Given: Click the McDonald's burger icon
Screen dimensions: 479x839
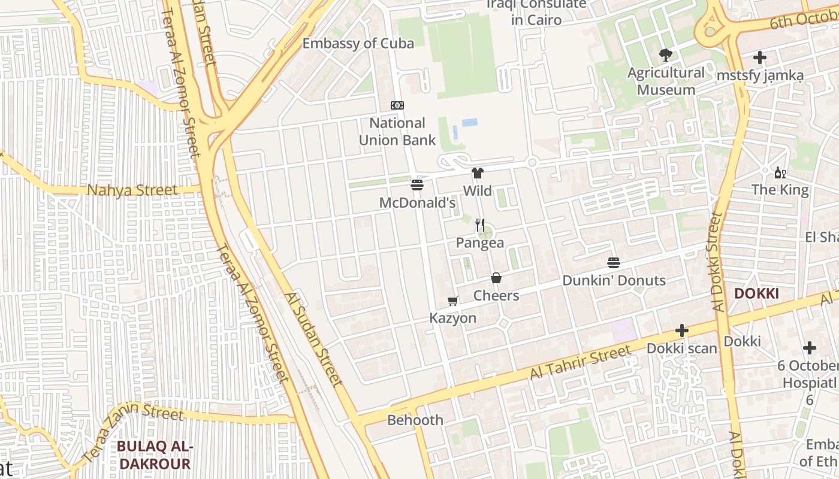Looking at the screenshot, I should (x=417, y=184).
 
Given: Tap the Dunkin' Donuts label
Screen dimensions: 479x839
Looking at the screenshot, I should (x=614, y=280).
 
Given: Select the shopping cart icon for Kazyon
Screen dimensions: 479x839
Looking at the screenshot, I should (x=453, y=301).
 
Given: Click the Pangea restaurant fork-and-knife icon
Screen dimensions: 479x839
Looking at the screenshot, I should (x=480, y=225).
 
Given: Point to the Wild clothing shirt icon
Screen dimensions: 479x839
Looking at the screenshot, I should (x=477, y=174).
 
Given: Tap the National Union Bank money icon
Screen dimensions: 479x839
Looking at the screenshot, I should (x=397, y=105).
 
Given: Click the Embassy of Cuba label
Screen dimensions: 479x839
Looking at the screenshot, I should (x=358, y=43).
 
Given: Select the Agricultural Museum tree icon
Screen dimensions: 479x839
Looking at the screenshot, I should (x=665, y=56).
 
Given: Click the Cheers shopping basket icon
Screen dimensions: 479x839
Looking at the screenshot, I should (x=496, y=278).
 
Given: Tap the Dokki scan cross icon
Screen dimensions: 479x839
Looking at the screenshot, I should (x=681, y=331).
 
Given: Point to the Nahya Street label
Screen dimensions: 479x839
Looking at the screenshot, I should (x=132, y=190).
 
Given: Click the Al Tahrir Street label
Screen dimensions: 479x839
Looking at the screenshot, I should (x=580, y=362).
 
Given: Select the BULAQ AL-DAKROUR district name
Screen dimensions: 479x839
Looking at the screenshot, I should (x=154, y=454).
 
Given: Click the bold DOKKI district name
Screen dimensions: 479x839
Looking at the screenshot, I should (x=756, y=293).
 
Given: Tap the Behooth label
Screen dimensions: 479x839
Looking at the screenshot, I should (x=415, y=420).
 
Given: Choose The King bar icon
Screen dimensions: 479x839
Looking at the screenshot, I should (x=780, y=173).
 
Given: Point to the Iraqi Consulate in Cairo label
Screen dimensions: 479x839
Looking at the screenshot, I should (x=536, y=12).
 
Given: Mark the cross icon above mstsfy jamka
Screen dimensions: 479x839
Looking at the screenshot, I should (x=760, y=58).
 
